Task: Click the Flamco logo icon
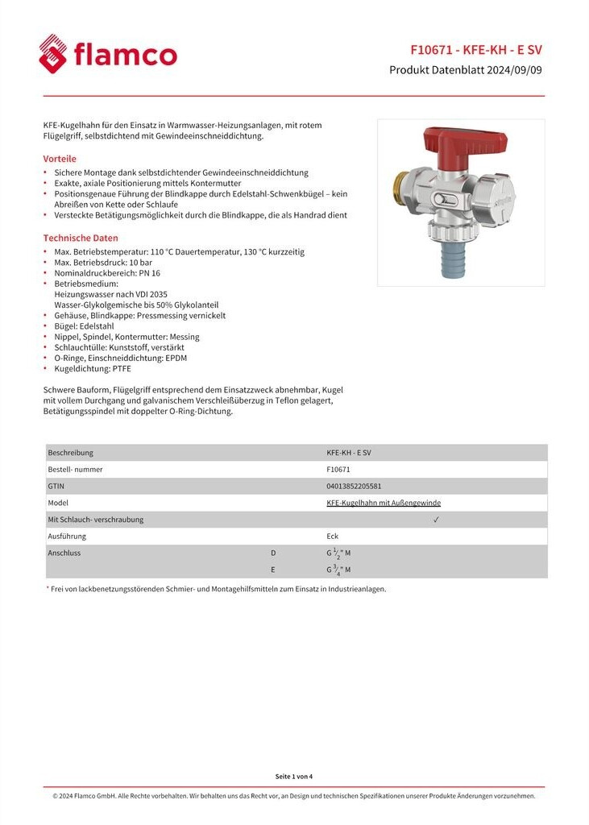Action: tap(54, 54)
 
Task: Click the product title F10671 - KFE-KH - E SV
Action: tap(476, 48)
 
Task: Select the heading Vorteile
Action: tap(60, 159)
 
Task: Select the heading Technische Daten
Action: tap(81, 238)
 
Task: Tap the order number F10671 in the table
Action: tap(338, 469)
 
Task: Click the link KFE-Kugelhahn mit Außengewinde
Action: tap(384, 503)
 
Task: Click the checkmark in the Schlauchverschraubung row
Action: tap(436, 520)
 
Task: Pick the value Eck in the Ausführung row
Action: tap(332, 537)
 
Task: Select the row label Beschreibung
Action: tap(71, 453)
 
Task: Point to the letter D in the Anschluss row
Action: tap(273, 553)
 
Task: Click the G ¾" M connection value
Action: tap(338, 570)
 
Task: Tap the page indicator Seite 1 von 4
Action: tap(294, 776)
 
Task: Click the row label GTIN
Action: tap(57, 486)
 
